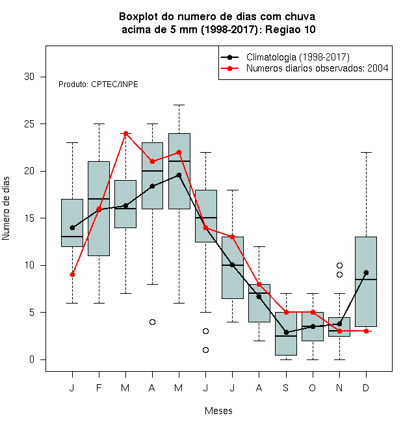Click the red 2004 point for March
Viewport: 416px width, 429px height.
coord(125,133)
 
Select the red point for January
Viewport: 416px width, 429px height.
coord(72,274)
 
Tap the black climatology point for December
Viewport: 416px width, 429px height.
coord(366,272)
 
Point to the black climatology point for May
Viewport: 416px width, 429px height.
coord(179,175)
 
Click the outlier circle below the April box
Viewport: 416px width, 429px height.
coord(153,322)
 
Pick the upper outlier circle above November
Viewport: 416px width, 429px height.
coord(339,265)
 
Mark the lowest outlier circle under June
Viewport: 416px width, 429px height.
coord(206,350)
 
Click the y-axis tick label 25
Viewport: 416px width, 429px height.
coord(29,124)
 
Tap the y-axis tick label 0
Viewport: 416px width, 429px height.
coord(32,359)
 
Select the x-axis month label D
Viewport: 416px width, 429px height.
coord(366,387)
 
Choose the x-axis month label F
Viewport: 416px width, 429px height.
coord(99,387)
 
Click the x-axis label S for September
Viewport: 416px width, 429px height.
coord(286,387)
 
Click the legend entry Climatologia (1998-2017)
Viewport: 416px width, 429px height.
coord(298,57)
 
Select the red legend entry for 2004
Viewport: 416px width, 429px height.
coord(317,68)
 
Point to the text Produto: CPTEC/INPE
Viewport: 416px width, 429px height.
coord(98,84)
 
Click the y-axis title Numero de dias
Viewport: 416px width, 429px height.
coord(6,209)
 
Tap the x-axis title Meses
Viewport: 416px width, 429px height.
coord(218,411)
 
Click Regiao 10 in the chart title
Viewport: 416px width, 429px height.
coord(291,29)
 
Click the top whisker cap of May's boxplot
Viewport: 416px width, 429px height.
coord(179,105)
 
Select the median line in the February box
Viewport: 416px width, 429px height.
coord(99,199)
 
